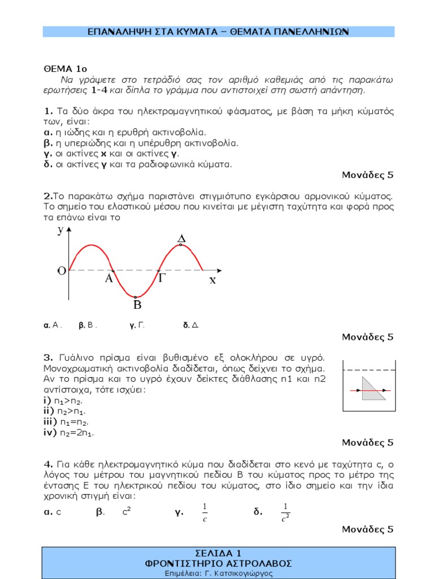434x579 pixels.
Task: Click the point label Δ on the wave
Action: click(x=181, y=240)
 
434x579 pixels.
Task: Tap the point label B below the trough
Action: click(x=137, y=305)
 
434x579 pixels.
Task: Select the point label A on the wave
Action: click(x=110, y=279)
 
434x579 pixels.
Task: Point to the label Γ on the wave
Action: click(x=162, y=279)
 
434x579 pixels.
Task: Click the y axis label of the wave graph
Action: click(x=60, y=230)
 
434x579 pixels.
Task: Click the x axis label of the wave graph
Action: click(x=212, y=280)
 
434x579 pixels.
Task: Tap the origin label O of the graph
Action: click(x=61, y=271)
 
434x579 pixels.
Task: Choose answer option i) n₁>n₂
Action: click(x=66, y=400)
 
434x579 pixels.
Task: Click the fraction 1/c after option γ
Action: click(x=205, y=512)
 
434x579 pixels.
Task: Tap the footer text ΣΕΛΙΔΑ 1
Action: click(x=218, y=553)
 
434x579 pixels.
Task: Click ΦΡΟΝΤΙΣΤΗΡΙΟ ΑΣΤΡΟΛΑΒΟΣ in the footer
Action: click(x=218, y=563)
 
